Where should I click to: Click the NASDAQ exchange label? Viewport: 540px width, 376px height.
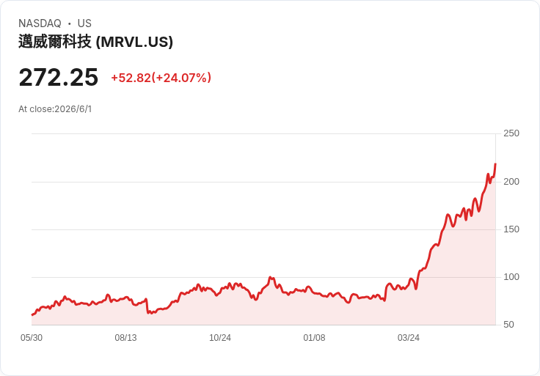click(x=40, y=23)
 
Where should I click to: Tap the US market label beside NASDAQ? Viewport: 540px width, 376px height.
click(x=84, y=23)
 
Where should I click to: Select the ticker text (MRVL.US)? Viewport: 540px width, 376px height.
click(x=134, y=42)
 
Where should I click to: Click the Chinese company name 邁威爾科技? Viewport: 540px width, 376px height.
click(x=55, y=42)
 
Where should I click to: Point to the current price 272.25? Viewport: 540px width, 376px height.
click(x=59, y=78)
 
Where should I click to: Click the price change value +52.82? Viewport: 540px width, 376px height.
click(x=131, y=78)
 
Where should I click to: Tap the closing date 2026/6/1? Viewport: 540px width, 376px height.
click(x=73, y=109)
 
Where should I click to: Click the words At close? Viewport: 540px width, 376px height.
click(x=35, y=109)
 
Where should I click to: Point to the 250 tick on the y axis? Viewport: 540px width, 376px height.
click(x=511, y=133)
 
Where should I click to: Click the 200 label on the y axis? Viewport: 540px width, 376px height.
click(x=511, y=182)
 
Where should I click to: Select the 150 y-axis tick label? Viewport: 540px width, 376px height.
click(x=511, y=229)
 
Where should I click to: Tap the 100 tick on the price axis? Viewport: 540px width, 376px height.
click(x=511, y=277)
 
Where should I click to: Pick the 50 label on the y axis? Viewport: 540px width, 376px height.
click(x=508, y=325)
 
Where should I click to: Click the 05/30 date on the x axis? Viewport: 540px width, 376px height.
click(x=32, y=338)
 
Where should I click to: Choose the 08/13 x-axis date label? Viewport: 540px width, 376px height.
click(x=125, y=338)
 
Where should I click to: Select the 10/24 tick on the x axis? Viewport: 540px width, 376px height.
click(x=220, y=338)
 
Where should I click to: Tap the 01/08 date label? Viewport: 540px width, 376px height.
click(x=314, y=338)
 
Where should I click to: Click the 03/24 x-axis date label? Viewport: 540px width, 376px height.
click(x=409, y=338)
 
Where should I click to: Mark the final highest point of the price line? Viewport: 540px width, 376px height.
click(x=495, y=164)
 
